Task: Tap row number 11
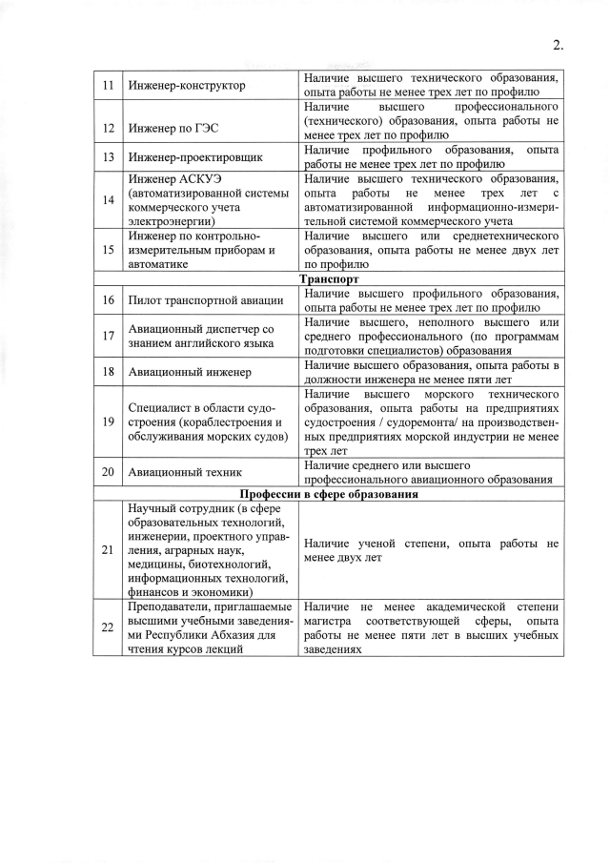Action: point(109,86)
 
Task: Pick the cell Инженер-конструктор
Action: point(186,86)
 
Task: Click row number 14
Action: point(109,198)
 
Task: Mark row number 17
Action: point(109,336)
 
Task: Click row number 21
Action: point(109,549)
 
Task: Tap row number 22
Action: point(109,627)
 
